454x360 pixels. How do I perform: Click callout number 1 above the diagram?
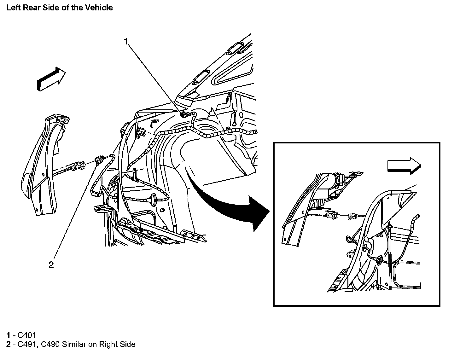[126, 41]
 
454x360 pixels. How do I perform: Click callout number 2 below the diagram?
[51, 265]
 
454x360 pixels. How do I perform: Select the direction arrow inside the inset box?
[404, 165]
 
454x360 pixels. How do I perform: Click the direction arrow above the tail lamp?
[51, 79]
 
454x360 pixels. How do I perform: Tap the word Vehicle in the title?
[99, 7]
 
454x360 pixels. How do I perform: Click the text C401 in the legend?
[27, 335]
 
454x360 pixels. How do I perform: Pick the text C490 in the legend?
[50, 344]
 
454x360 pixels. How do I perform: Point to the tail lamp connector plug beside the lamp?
[78, 166]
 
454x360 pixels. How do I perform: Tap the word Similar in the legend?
[74, 344]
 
